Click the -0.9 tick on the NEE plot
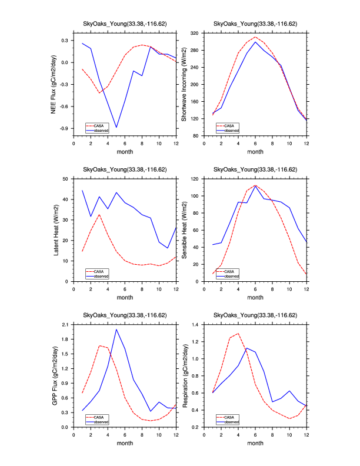(x=64, y=128)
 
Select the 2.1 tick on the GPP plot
(x=64, y=324)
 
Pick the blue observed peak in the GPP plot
(x=116, y=329)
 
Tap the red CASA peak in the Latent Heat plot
(x=99, y=214)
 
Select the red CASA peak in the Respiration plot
(x=238, y=334)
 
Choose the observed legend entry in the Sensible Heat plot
(x=231, y=275)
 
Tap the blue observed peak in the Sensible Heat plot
(x=255, y=187)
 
